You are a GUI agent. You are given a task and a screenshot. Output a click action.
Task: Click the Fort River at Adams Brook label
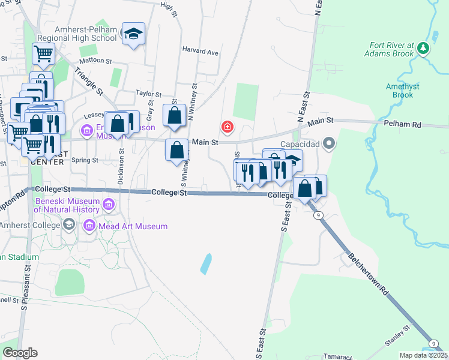392,49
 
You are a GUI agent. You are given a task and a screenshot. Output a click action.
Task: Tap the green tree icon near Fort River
424,47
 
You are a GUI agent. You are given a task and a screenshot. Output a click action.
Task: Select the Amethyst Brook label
399,91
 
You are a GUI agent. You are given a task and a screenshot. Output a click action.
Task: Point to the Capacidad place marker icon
328,143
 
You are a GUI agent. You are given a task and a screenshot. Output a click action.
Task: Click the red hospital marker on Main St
227,126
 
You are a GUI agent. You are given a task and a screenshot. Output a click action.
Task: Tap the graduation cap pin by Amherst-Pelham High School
133,34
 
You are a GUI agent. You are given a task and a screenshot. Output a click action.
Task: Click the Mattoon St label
97,61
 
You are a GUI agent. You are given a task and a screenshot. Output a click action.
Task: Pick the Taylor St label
149,94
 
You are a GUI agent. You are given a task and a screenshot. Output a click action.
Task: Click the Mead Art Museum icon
89,226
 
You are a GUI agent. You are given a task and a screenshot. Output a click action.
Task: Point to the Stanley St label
397,337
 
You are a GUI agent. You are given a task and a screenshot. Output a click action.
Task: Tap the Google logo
20,352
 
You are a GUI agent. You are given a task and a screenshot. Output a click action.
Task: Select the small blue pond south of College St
206,263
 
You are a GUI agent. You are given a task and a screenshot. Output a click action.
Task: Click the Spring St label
85,160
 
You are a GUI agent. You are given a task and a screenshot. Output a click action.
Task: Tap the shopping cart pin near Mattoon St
43,53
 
